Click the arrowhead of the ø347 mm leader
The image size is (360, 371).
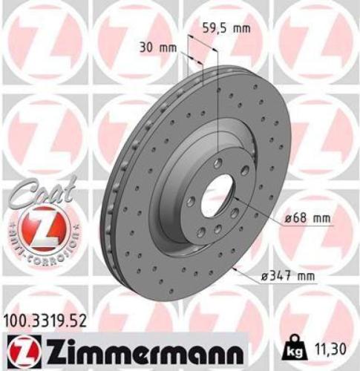tap(235, 269)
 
